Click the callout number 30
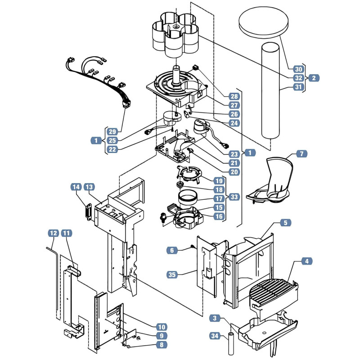298,69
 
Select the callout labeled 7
301,153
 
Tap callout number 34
215,336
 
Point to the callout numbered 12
53,233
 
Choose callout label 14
76,187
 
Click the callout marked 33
234,197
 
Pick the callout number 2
314,78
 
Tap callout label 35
172,274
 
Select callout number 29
112,131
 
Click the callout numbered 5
285,223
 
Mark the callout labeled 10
162,327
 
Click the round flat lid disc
264,22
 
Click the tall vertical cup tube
271,91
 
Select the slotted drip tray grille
272,291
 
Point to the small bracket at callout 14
88,211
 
